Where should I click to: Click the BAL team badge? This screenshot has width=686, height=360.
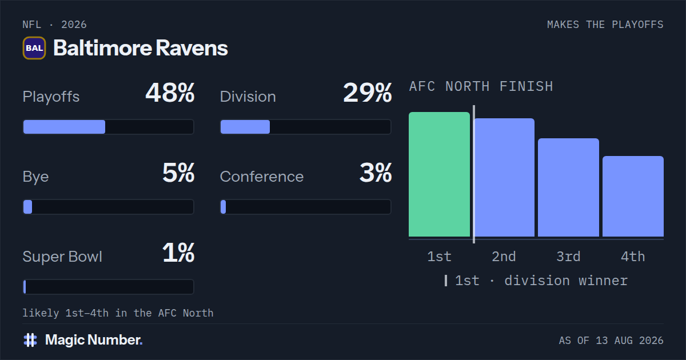[x=34, y=48]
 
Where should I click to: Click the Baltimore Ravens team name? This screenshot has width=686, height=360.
[x=141, y=48]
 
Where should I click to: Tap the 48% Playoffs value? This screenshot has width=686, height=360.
[x=170, y=93]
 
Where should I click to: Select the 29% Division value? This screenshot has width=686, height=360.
[x=367, y=93]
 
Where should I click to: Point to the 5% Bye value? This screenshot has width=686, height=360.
[x=178, y=173]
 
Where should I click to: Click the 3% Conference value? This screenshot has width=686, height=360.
[x=376, y=173]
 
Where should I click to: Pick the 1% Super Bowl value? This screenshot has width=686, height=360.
[x=178, y=253]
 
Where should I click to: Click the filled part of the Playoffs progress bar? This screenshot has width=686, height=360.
[x=64, y=127]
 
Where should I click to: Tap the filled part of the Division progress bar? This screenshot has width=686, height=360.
[x=245, y=127]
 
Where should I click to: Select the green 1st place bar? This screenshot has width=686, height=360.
[x=439, y=174]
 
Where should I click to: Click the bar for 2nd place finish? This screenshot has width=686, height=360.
[x=504, y=178]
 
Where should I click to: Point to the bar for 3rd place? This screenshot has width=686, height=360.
[x=568, y=187]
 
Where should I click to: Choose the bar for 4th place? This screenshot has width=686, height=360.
[x=633, y=196]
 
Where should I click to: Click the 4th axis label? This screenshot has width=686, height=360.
[x=633, y=257]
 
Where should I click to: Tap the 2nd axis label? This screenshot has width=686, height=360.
[x=504, y=257]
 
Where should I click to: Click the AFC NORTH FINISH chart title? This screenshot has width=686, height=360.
[x=481, y=86]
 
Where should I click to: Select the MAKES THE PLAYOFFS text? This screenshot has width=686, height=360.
[x=605, y=25]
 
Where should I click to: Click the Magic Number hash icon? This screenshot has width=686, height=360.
[x=30, y=340]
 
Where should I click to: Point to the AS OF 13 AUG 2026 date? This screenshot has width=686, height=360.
[x=611, y=341]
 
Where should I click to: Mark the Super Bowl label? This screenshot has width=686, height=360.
[x=62, y=257]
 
